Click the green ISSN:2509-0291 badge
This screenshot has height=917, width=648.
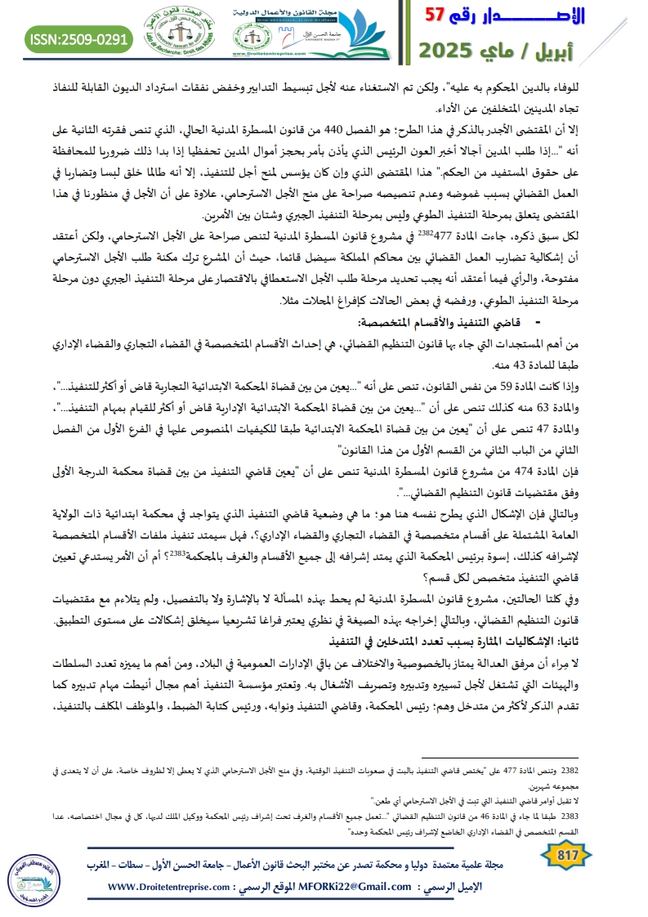point(79,38)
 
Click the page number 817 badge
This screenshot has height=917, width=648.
point(565,857)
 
